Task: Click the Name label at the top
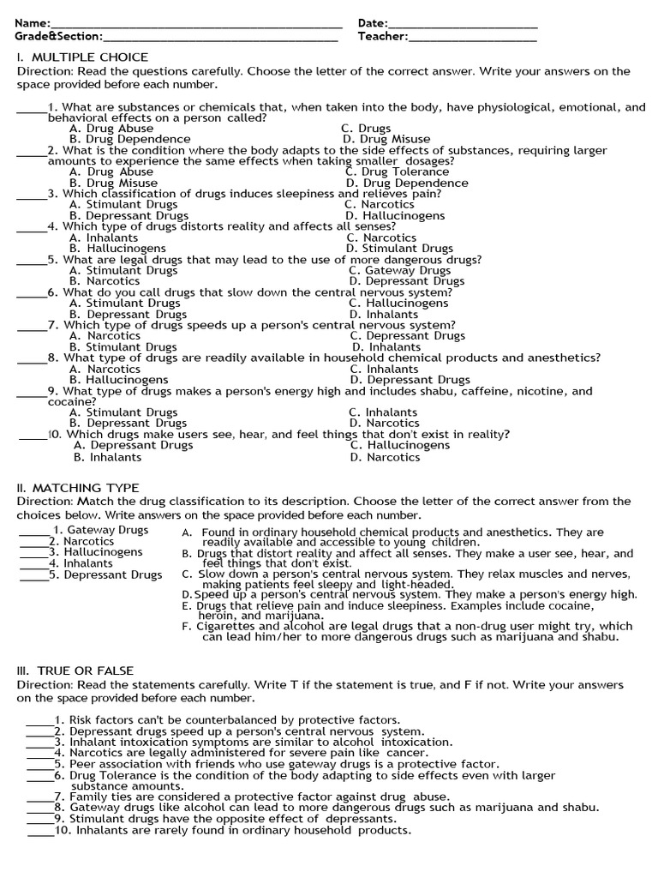click(x=32, y=23)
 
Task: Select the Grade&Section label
click(x=57, y=37)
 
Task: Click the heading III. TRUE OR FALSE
click(x=75, y=671)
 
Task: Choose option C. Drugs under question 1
click(x=366, y=129)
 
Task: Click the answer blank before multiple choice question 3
click(x=32, y=194)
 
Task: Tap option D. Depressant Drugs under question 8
click(x=410, y=380)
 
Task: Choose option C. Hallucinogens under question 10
click(x=399, y=446)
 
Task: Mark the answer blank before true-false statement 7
click(x=39, y=797)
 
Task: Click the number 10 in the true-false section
click(x=62, y=830)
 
